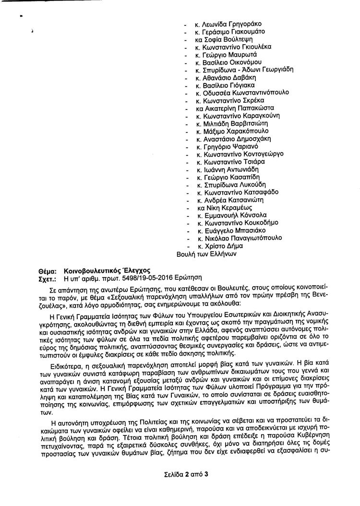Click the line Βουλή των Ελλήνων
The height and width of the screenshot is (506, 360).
206,253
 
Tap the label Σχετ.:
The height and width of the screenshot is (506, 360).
47,277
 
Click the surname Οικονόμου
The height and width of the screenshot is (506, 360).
250,62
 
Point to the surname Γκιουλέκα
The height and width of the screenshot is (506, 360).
254,47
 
